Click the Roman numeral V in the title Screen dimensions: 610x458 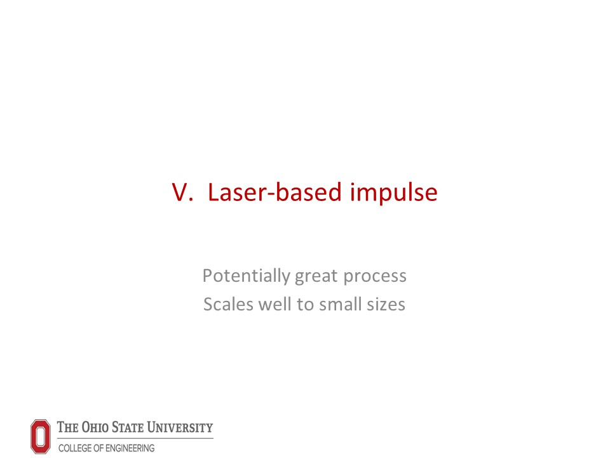182,192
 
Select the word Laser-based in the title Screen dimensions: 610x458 275,191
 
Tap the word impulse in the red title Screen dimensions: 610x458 394,193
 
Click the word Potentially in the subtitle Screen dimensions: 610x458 247,276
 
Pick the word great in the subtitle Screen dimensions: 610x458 316,277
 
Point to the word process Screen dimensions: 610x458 375,277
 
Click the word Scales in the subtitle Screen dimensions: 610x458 228,304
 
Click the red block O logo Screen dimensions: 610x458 41,436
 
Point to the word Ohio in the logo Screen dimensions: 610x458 95,427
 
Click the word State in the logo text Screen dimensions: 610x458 128,427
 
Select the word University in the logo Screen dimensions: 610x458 180,427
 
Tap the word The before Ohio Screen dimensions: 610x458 68,427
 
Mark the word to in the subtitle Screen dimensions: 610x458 306,305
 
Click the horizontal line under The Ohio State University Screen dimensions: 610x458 135,438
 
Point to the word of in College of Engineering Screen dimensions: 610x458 97,448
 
